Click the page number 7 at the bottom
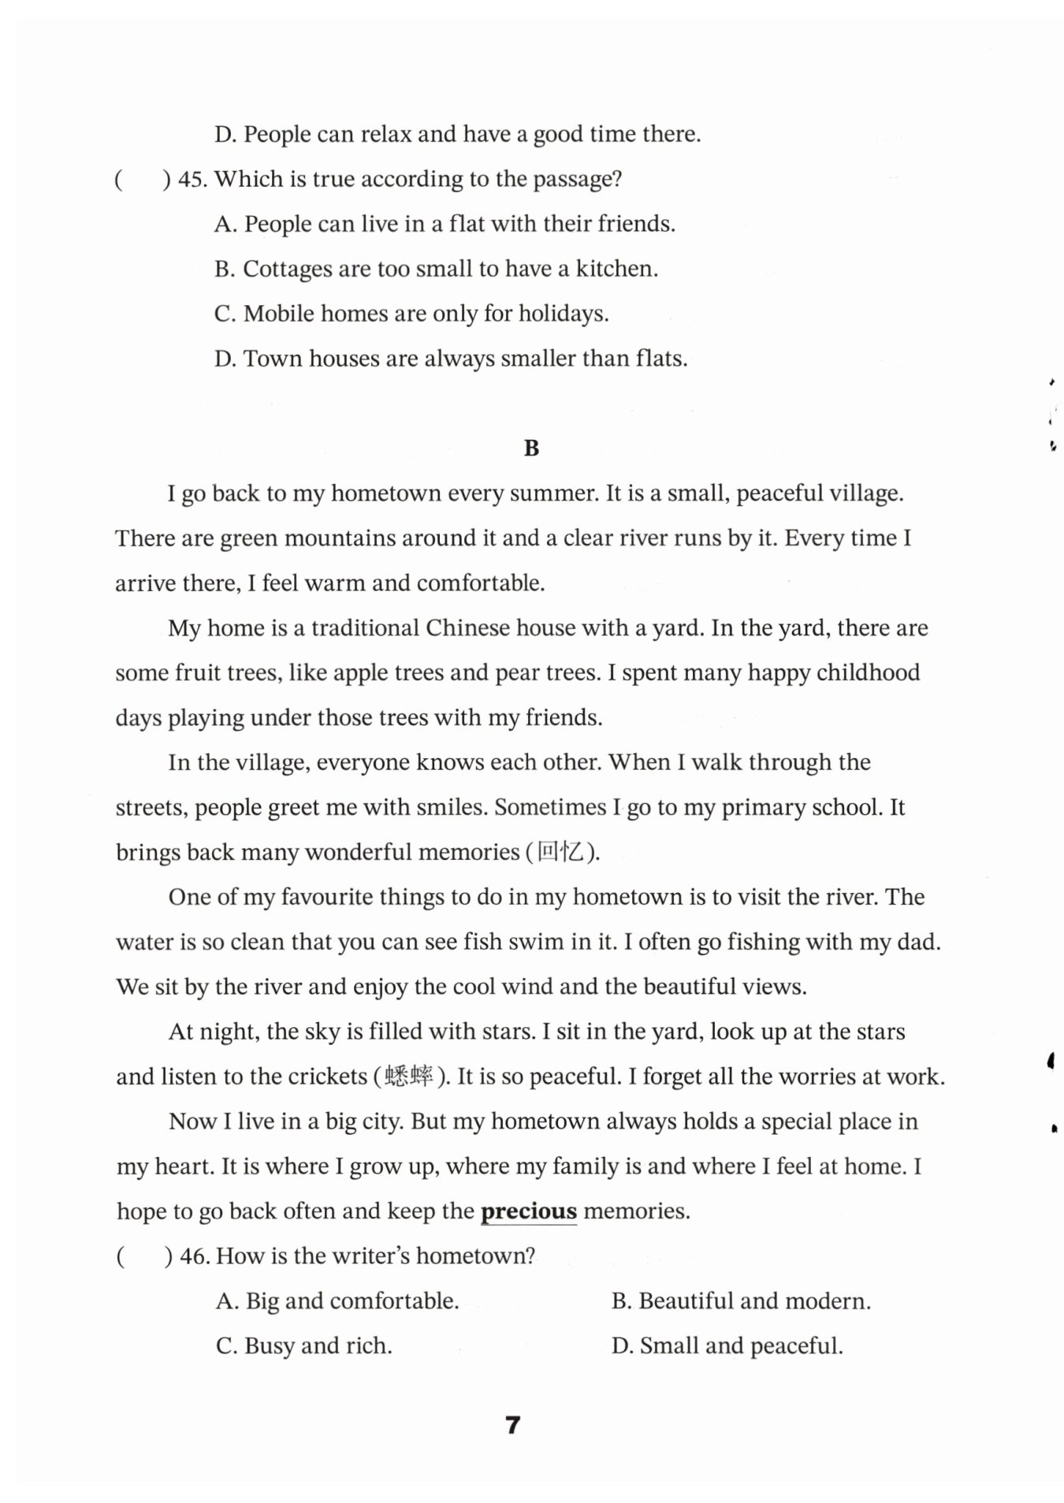[513, 1425]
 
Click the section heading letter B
[531, 448]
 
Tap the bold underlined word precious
[528, 1211]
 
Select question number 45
[192, 179]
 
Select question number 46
[193, 1256]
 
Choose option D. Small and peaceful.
[727, 1345]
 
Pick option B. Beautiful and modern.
[741, 1300]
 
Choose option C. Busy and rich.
[304, 1345]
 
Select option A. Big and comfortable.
[337, 1300]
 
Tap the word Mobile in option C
[273, 314]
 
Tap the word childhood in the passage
[868, 673]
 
